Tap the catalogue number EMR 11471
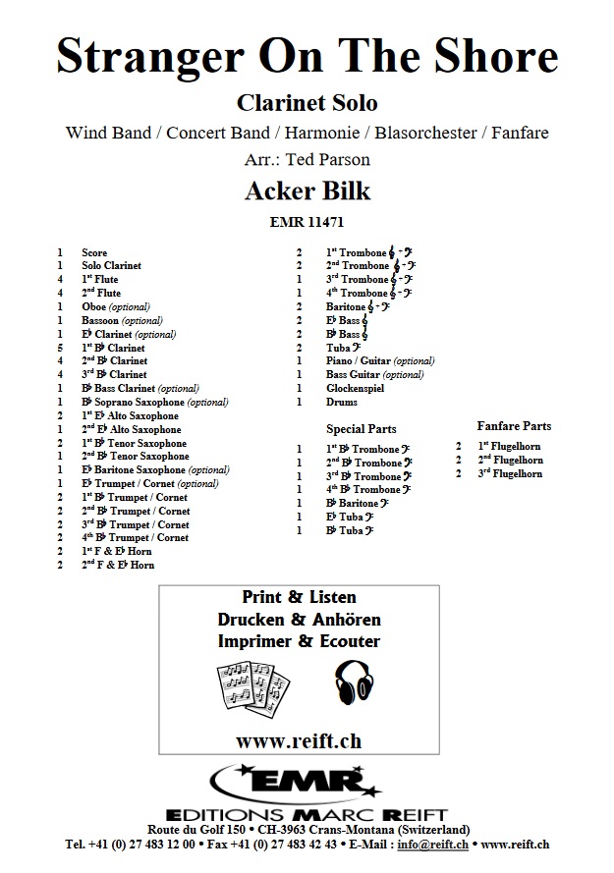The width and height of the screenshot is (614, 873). pos(307,222)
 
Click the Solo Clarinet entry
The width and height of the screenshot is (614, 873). pos(112,266)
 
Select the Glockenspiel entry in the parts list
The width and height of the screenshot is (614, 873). pos(356,388)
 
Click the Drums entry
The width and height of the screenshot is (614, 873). pos(341,402)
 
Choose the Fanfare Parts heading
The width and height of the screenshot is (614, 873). pos(514,426)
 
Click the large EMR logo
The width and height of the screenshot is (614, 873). pos(307,786)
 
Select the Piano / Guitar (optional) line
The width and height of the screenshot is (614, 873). pos(380,361)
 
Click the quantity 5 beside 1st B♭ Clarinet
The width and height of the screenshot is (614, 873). pos(60,348)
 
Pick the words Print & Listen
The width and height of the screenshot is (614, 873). pos(299,597)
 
